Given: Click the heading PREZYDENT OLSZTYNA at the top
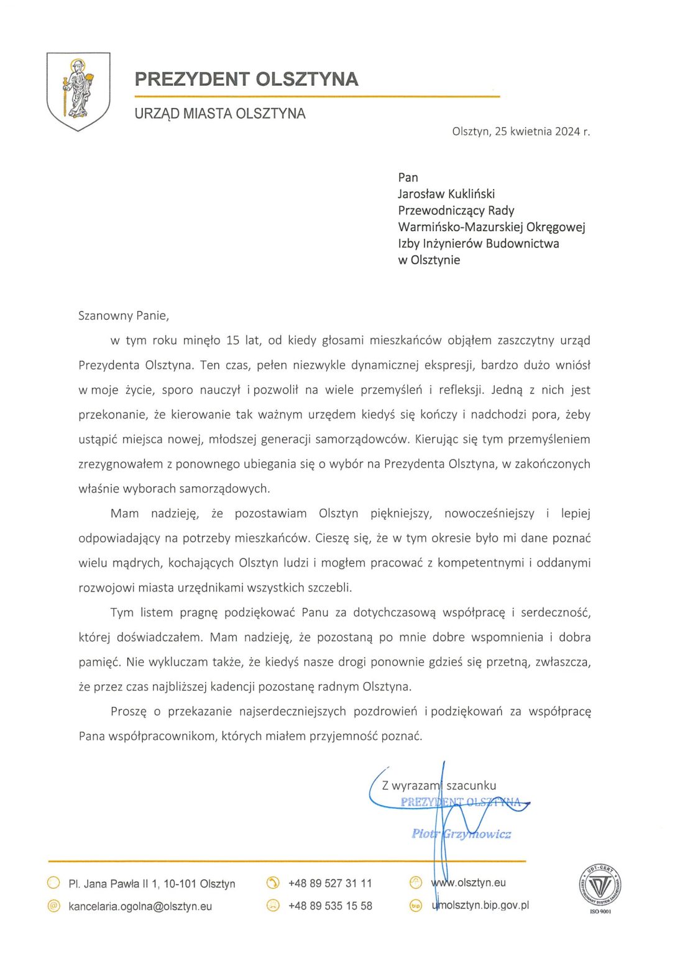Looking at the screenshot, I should (x=246, y=79).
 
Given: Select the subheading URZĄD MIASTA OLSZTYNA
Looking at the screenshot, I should (x=220, y=114).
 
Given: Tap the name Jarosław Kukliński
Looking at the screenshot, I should (x=446, y=194).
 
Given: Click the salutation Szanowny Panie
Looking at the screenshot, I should (x=124, y=316).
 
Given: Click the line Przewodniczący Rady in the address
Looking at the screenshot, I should (x=456, y=211).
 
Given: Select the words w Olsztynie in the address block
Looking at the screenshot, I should (x=429, y=260).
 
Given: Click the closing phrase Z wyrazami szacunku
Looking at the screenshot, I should (x=439, y=786).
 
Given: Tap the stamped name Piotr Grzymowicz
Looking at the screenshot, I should (x=461, y=834).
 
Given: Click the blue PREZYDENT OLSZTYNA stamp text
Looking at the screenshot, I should (x=461, y=802).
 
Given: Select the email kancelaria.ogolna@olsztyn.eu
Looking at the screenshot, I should (x=140, y=906).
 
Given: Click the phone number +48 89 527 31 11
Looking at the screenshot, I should (x=330, y=883).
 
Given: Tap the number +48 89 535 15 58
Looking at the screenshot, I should (x=330, y=906).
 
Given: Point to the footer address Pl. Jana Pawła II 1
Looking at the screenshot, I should (x=152, y=883).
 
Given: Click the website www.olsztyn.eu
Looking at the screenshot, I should (x=468, y=883).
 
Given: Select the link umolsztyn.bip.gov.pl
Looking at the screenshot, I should (x=480, y=905).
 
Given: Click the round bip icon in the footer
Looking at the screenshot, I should (x=416, y=906).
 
